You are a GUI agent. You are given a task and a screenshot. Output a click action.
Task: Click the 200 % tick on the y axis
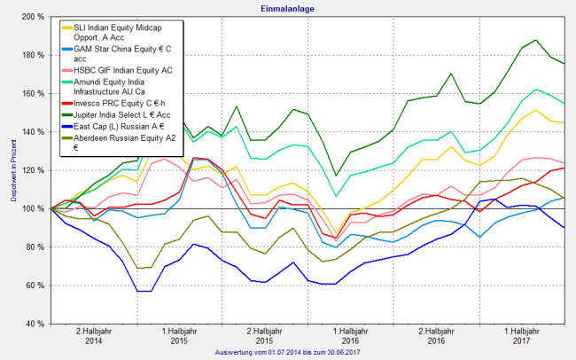[34, 18]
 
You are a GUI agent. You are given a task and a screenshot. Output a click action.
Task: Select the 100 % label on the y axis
[34, 208]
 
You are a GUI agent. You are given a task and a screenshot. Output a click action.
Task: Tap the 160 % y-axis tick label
[34, 94]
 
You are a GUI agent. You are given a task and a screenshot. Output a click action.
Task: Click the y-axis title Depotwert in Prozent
[13, 170]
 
